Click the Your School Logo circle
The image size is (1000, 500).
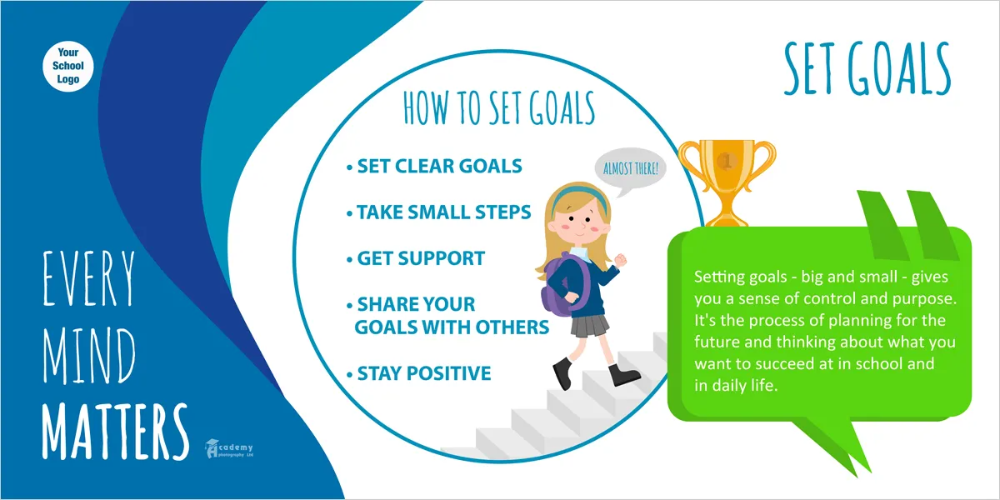(67, 67)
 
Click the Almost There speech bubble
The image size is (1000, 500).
(630, 171)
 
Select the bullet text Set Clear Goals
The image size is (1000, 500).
(434, 166)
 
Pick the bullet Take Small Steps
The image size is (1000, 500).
(439, 212)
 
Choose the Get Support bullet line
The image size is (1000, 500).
(416, 258)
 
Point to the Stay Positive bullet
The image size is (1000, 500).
(418, 373)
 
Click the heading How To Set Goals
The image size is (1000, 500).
(499, 108)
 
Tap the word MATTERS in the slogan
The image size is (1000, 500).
(115, 432)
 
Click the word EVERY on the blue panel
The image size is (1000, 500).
(89, 278)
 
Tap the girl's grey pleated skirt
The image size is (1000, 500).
(589, 325)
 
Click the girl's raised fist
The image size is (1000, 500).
(621, 259)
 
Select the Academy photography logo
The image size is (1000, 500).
(229, 448)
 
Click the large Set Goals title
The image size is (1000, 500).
(867, 68)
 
